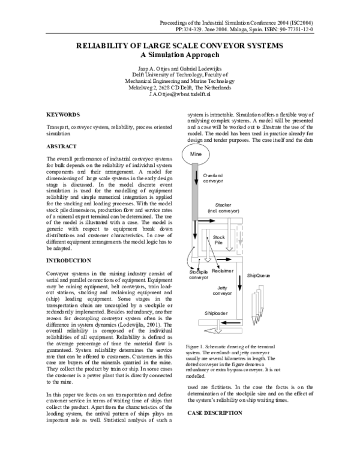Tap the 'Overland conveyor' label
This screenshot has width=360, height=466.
coord(213,177)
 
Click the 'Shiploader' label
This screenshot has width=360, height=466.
coord(215,313)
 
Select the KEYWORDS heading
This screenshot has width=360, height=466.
coord(63,114)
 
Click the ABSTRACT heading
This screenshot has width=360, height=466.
coord(62,147)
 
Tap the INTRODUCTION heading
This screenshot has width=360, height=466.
coord(69,261)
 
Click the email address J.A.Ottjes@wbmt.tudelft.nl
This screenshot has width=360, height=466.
coord(179,95)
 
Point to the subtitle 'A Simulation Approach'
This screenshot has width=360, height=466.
coord(179,54)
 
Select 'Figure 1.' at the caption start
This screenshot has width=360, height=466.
coord(198,348)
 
